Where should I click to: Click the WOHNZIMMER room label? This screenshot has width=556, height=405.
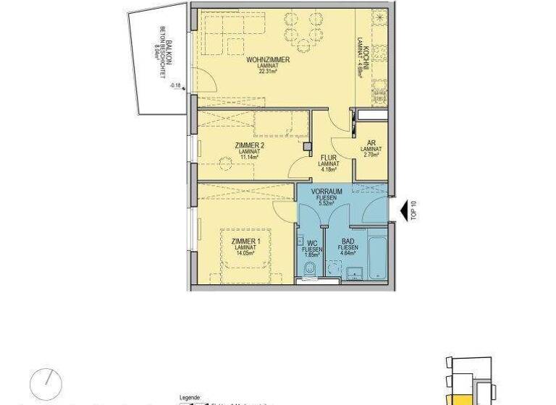268,59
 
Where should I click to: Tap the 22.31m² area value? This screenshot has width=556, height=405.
268,72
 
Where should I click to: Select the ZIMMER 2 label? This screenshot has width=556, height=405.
249,145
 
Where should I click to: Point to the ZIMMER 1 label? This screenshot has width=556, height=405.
245,241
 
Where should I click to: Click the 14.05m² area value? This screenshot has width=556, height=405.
245,253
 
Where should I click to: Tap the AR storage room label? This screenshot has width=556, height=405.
371,143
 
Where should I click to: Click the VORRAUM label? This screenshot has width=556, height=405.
326,192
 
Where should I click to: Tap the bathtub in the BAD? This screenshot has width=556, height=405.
377,253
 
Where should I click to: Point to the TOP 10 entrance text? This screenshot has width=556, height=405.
413,209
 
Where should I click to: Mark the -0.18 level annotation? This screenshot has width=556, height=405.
174,85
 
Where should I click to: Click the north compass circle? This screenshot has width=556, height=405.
46,382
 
